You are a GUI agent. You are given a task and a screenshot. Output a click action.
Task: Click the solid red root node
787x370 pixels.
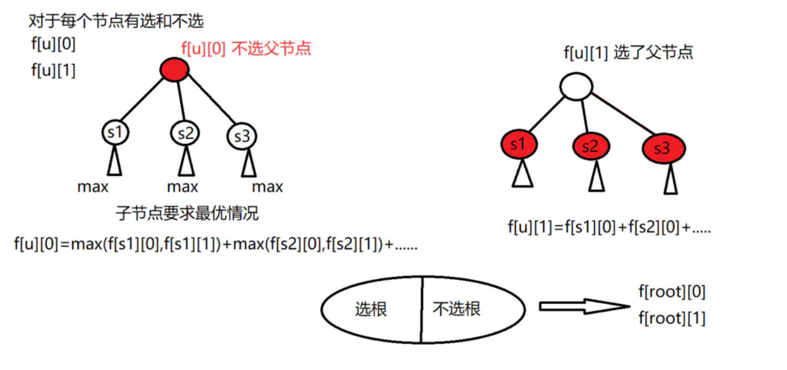pos(174,69)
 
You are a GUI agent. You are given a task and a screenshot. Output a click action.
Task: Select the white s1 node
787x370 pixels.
pos(115,132)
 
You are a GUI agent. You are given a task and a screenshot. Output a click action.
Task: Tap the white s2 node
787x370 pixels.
pos(185,133)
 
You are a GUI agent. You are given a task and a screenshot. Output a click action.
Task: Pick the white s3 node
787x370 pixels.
pos(242,136)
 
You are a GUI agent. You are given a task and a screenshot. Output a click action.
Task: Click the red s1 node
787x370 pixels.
pos(519,144)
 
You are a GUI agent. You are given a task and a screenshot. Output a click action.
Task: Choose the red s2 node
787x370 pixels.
pos(591,146)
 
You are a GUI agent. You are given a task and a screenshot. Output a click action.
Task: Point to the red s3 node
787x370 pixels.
pos(664,148)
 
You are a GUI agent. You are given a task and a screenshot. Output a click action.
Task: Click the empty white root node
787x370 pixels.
pos(576,86)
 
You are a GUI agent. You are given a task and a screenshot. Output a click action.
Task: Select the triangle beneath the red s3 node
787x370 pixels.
pos(670,178)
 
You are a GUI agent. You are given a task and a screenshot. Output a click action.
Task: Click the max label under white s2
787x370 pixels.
pos(183,187)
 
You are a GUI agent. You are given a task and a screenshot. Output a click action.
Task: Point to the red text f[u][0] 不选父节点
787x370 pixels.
pos(246,48)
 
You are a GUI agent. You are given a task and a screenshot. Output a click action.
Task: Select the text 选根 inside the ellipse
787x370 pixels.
pos(371,309)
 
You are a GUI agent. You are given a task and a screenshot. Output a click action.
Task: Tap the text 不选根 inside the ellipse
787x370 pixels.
pos(457,309)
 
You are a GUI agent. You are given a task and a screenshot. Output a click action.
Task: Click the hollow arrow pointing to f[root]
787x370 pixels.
pos(585,306)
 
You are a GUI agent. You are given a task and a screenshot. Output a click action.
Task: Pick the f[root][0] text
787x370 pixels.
pos(672,292)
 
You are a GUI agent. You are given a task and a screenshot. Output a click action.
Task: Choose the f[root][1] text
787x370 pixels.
pos(672,318)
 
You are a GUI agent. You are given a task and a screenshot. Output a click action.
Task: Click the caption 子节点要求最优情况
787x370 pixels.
pos(187,213)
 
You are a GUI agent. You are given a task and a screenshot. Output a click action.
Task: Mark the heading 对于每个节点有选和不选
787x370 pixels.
pos(116,21)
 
